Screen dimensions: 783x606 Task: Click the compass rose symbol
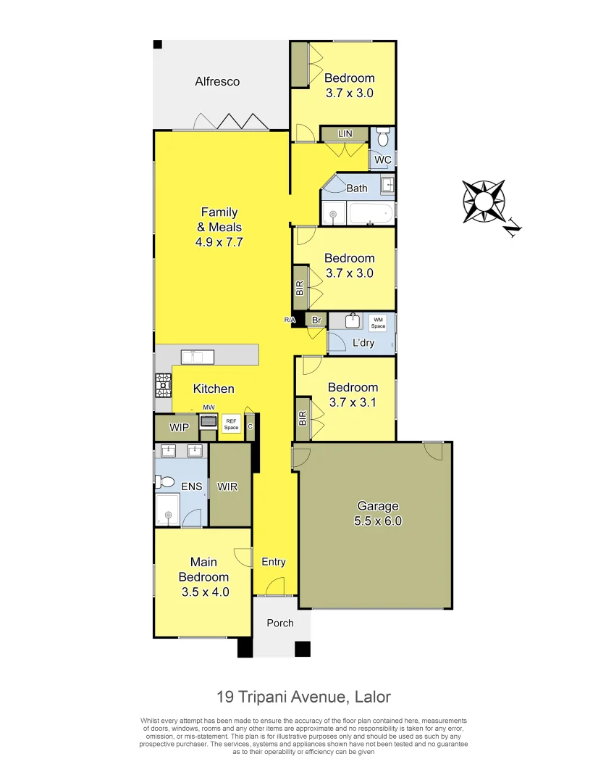click(484, 201)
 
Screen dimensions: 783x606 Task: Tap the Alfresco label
click(217, 82)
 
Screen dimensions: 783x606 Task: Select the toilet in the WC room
click(383, 137)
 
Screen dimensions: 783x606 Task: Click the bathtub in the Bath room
click(370, 213)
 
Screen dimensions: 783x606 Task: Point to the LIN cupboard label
click(345, 134)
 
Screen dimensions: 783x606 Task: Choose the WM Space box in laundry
click(378, 323)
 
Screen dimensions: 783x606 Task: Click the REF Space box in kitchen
click(231, 423)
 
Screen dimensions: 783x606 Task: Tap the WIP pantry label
click(179, 428)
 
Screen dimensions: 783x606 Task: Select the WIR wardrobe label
click(228, 486)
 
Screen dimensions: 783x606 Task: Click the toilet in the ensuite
click(166, 481)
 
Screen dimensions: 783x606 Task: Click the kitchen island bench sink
click(197, 356)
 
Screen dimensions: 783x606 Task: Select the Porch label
click(280, 623)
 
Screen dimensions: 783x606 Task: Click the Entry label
click(274, 562)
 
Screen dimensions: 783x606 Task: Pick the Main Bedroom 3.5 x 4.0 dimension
click(204, 592)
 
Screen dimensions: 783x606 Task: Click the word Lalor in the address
click(372, 697)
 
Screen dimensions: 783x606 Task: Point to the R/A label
click(290, 320)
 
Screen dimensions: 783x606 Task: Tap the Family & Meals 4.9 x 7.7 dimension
click(219, 242)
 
